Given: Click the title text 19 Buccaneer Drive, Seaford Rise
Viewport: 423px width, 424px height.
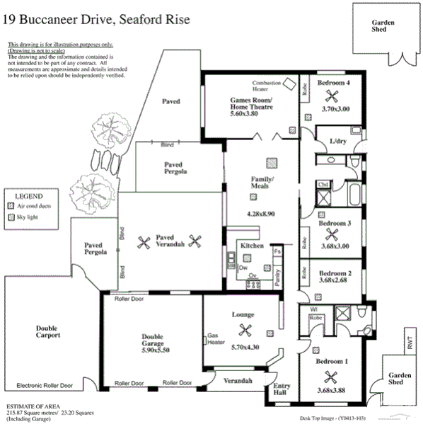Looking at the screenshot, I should [x=97, y=21].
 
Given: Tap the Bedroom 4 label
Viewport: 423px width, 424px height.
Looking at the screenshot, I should [x=333, y=84].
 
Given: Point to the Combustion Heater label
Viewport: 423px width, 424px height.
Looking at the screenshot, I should [x=267, y=86].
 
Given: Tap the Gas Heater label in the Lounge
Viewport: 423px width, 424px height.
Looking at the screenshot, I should [x=215, y=339].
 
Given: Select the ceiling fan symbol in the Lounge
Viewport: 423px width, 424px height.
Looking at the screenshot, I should [x=246, y=329].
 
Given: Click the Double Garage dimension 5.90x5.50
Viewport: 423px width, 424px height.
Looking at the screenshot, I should [x=152, y=350].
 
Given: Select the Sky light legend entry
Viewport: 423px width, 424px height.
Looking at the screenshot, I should [x=31, y=217].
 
